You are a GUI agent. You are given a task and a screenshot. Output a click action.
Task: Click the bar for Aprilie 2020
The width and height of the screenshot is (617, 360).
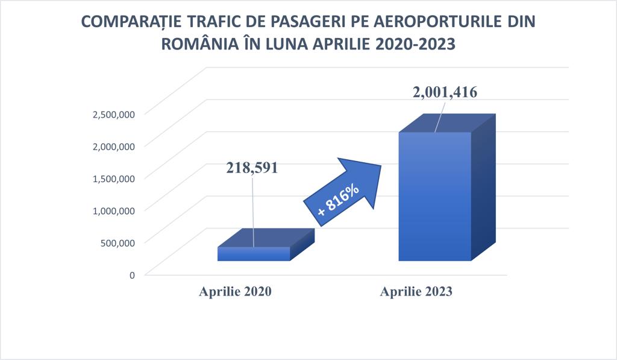click(266, 245)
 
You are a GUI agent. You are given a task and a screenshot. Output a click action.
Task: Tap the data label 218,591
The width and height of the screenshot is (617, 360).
click(252, 168)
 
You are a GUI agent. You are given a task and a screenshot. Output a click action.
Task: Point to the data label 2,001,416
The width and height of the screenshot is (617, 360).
click(445, 92)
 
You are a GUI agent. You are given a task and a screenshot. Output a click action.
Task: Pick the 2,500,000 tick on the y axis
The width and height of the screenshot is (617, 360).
click(114, 114)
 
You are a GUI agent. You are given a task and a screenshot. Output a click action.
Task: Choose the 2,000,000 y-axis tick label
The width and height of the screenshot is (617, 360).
click(114, 146)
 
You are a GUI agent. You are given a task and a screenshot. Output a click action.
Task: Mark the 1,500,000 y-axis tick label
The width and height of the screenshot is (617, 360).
click(114, 178)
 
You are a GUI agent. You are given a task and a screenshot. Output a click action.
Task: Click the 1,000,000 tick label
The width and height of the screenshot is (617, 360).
click(114, 210)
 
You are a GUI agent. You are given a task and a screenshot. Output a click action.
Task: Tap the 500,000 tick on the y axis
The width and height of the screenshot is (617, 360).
click(117, 242)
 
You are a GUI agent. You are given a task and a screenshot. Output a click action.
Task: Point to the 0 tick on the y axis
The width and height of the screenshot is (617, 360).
click(132, 275)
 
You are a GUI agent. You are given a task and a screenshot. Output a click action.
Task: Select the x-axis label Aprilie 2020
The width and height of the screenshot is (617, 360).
click(236, 291)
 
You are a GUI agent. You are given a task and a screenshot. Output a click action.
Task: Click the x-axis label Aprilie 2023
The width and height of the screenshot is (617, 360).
click(416, 291)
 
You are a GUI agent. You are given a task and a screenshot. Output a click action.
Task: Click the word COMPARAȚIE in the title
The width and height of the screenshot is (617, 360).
click(131, 22)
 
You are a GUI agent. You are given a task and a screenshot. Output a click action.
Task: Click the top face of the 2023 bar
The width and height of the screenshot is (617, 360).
click(447, 123)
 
